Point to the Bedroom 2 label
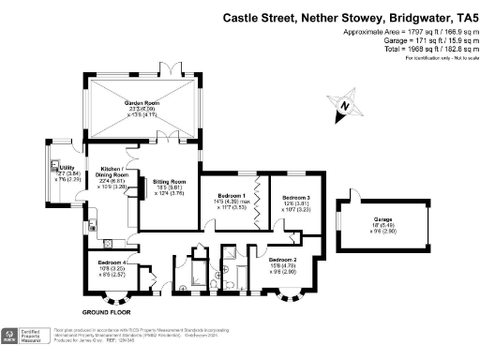pyautogui.click(x=282, y=258)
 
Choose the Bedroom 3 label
pyautogui.click(x=296, y=197)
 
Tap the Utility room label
pyautogui.click(x=67, y=168)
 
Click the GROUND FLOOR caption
pyautogui.click(x=105, y=311)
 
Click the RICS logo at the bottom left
pyautogui.click(x=12, y=337)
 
